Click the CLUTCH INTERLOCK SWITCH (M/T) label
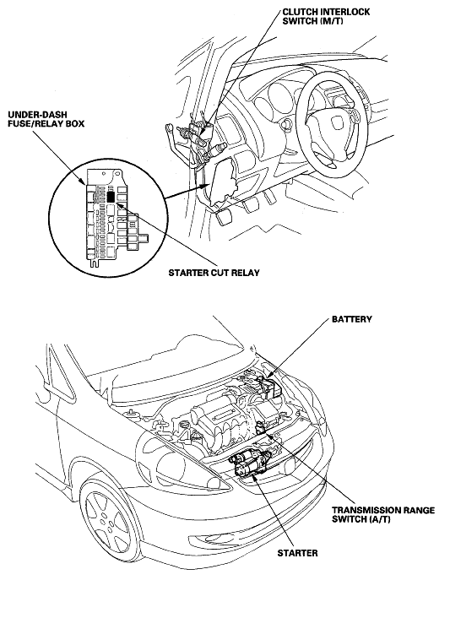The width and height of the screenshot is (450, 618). pos(326,16)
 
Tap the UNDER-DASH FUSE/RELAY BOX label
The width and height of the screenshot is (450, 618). pos(46,119)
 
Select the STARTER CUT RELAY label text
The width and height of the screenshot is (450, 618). pos(214,273)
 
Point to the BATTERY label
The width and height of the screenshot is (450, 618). pos(351,319)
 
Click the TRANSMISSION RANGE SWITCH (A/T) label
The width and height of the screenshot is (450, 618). pos(383,514)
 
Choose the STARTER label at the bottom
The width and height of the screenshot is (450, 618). pos(297,553)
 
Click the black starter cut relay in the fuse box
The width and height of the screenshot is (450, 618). pos(111,196)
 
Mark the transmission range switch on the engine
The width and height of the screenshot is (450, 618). pos(261,427)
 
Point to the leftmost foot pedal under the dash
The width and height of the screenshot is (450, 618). pos(224,216)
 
